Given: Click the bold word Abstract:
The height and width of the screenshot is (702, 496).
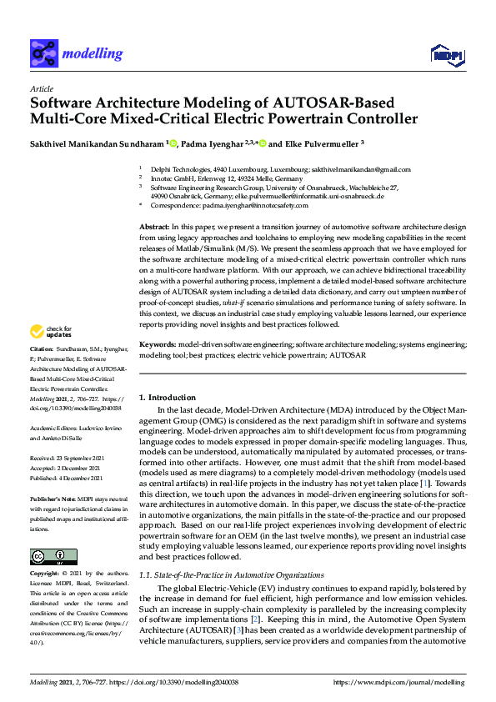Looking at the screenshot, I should coord(153,227).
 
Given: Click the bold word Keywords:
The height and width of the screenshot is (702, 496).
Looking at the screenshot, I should coord(158,343).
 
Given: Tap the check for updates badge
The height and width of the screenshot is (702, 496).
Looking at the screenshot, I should coord(53,331).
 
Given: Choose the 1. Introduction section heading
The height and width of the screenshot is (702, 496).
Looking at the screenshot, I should coord(168,398).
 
